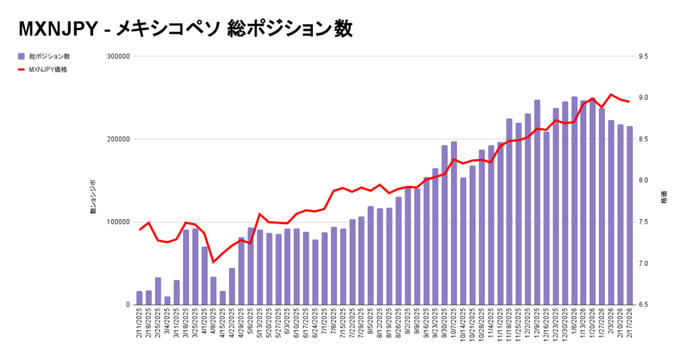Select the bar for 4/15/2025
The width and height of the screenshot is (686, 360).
(x=222, y=298)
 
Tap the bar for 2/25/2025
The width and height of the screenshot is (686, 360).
(x=158, y=291)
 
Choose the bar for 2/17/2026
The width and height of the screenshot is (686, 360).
(x=630, y=215)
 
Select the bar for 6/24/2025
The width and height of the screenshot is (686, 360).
(x=315, y=272)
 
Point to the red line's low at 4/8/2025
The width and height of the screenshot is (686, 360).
(x=214, y=262)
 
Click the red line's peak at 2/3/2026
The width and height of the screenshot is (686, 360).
(x=611, y=95)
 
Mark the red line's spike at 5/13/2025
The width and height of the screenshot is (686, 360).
(x=259, y=214)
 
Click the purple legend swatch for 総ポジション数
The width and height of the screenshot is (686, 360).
(x=21, y=56)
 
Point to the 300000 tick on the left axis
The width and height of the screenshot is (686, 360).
(x=119, y=57)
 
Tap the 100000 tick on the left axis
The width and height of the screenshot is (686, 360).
(x=119, y=222)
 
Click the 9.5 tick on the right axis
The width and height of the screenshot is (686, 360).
(x=645, y=57)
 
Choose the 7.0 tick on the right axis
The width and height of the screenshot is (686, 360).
(x=645, y=263)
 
